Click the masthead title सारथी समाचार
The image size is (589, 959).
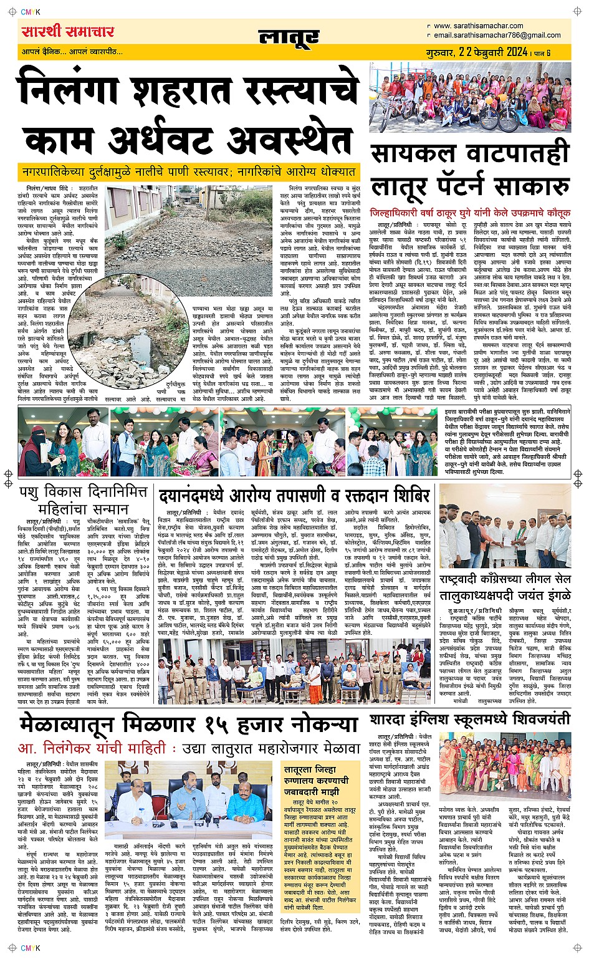[x=68, y=32]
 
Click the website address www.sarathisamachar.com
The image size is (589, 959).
[x=478, y=26]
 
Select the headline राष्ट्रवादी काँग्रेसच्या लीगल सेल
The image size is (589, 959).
[x=504, y=578]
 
